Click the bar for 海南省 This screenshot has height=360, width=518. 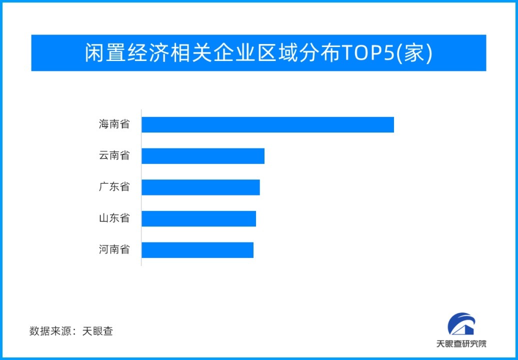(267, 124)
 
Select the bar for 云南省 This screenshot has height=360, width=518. (202, 156)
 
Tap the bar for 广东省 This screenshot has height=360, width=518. (200, 187)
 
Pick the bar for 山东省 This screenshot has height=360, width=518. (198, 218)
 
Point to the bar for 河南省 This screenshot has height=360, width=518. (197, 250)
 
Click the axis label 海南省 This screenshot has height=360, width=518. (114, 124)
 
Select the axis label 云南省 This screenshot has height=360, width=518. (114, 155)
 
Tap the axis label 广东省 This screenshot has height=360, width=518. (114, 187)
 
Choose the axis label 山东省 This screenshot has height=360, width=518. (114, 218)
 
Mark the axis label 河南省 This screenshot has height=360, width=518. (114, 249)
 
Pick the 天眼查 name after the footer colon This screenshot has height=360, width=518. (97, 331)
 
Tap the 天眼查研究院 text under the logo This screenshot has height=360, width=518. (461, 344)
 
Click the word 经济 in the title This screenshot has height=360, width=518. (148, 53)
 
